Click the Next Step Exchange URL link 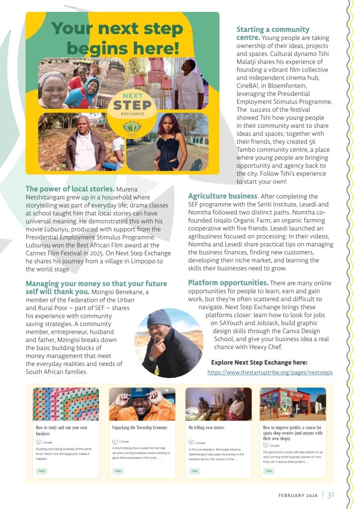pos(270,372)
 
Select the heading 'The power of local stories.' pos(70,189)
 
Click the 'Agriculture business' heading pos(222,196)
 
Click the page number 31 pos(331,494)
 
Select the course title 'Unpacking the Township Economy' pos(140,427)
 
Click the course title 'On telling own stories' pos(206,427)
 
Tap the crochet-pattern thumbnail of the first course pos(66,404)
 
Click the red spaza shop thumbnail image pos(293,404)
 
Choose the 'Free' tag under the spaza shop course pos(269,470)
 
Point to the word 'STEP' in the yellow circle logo pos(131,105)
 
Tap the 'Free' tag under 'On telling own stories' pos(194,470)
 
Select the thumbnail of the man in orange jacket pos(142,404)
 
